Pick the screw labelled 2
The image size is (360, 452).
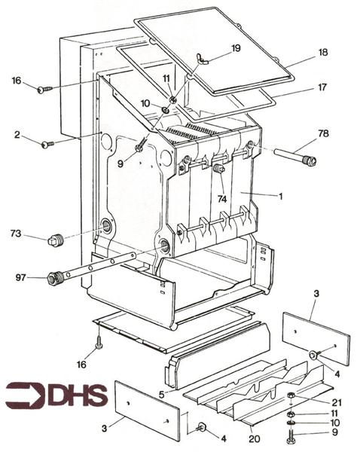(x=47, y=143)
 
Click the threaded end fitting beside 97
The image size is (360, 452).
(x=55, y=277)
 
